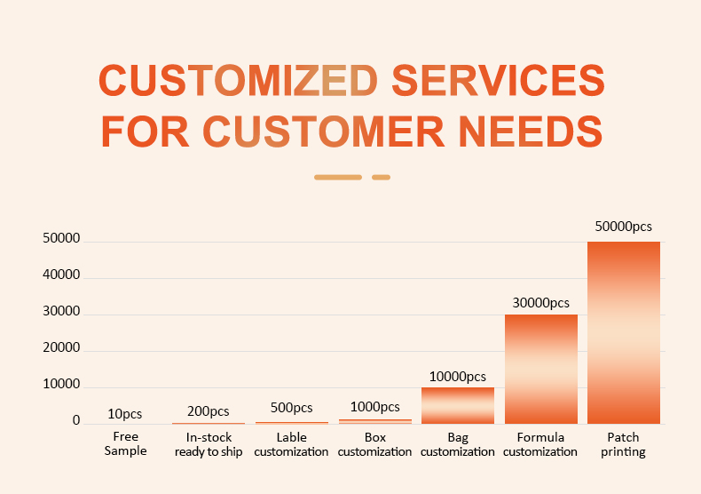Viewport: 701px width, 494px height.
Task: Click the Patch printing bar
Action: click(x=624, y=332)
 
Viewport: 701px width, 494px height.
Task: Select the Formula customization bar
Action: click(x=541, y=369)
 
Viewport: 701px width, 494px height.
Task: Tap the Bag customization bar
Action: click(x=458, y=405)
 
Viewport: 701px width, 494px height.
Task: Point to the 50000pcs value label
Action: click(x=624, y=227)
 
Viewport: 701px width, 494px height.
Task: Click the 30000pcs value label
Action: click(x=541, y=303)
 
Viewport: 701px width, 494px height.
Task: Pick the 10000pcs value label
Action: click(x=458, y=377)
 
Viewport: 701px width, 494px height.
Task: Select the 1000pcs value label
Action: click(x=375, y=407)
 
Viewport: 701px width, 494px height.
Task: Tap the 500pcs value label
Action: click(x=292, y=409)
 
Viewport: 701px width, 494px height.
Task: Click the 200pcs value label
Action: click(x=209, y=411)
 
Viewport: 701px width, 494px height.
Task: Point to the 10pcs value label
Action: click(x=125, y=414)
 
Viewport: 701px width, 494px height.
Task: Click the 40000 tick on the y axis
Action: click(x=62, y=276)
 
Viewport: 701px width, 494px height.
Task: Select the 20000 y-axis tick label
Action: click(x=62, y=349)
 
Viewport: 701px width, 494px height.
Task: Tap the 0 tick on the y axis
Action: click(x=76, y=421)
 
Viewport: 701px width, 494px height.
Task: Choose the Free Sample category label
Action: click(x=126, y=444)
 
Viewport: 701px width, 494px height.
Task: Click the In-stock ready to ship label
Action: click(x=209, y=445)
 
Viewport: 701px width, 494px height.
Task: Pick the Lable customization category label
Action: click(x=292, y=444)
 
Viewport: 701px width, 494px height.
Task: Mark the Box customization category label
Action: click(x=375, y=444)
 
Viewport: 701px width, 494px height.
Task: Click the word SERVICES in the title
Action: click(x=498, y=81)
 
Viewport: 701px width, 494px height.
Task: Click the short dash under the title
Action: click(x=381, y=177)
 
